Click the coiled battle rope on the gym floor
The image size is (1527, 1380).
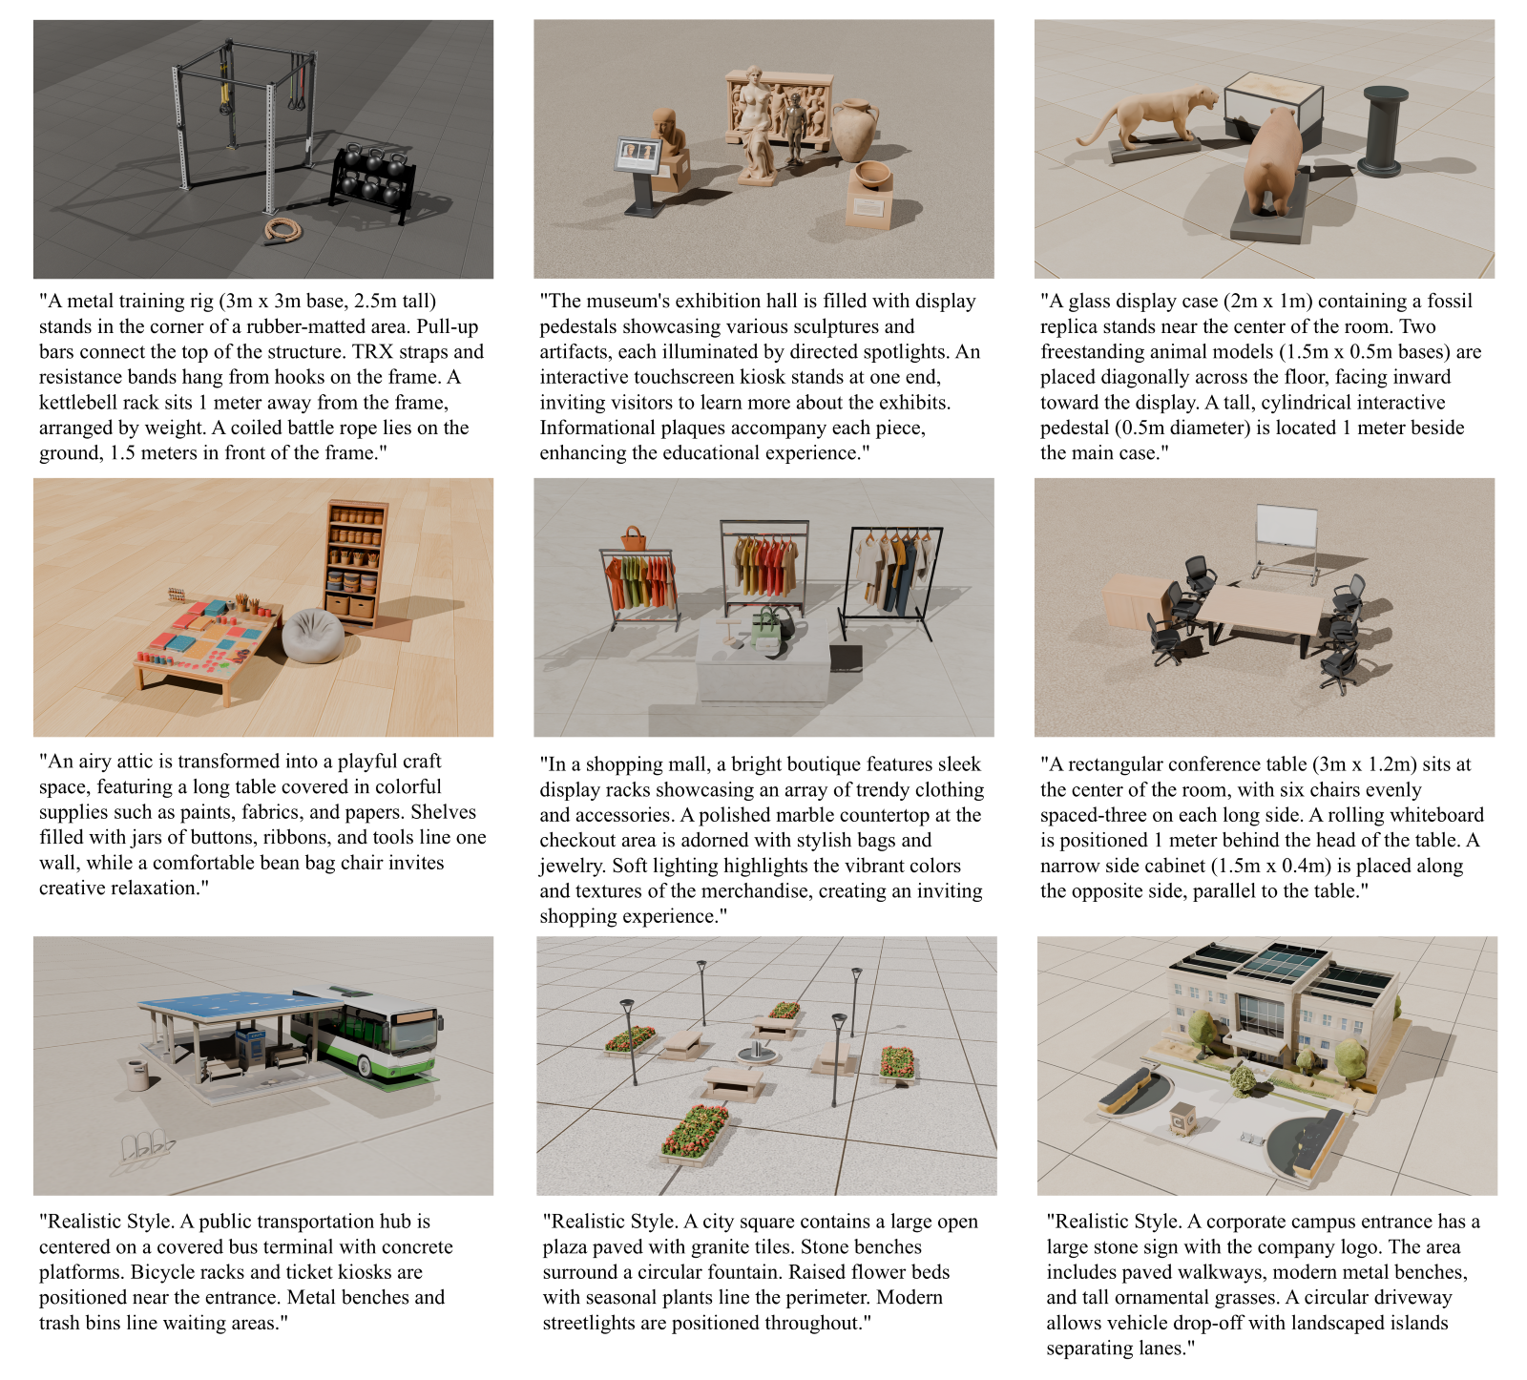pyautogui.click(x=281, y=230)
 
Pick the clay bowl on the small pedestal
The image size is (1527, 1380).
pyautogui.click(x=870, y=176)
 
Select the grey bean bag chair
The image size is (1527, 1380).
pyautogui.click(x=313, y=636)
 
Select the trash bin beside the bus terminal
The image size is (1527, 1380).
pyautogui.click(x=138, y=1075)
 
